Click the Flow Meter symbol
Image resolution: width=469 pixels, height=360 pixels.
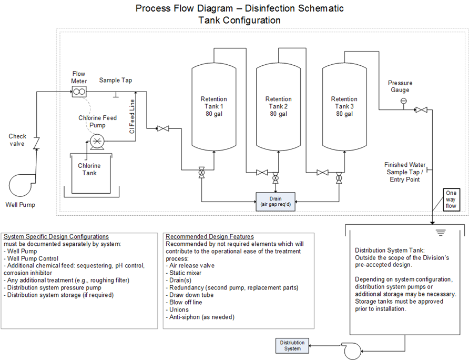(x=79, y=92)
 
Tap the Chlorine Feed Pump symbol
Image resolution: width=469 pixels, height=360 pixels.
(x=97, y=141)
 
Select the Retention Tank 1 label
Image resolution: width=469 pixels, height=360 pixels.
(x=213, y=106)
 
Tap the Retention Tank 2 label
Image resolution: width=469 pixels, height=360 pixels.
(x=278, y=106)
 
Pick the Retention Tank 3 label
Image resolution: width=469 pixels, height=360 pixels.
(x=344, y=106)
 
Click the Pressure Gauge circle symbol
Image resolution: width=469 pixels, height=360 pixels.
(x=404, y=101)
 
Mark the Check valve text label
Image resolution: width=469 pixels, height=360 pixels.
(x=17, y=140)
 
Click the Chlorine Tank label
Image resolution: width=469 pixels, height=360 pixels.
(x=89, y=169)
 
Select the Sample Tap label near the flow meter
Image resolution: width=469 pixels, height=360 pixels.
(x=116, y=80)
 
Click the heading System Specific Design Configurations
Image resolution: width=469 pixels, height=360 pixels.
(x=56, y=236)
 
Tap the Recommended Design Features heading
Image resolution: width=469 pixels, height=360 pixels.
(x=209, y=236)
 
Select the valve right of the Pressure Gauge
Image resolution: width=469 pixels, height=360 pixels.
(x=421, y=110)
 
